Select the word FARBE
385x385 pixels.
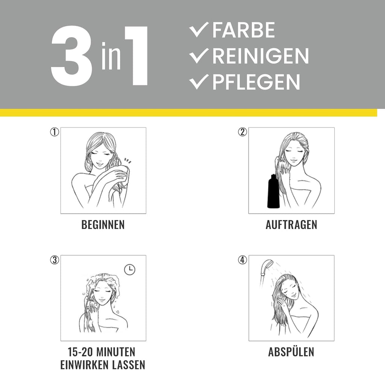coord(243,30)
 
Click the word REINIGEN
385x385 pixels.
coord(260,56)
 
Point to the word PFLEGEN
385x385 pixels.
coord(256,82)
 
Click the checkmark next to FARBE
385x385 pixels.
coord(199,30)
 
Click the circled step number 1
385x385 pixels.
coord(55,132)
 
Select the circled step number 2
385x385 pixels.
coord(243,132)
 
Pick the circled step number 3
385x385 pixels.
coord(55,260)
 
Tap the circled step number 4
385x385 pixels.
coord(243,260)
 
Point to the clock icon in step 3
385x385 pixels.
coord(129,270)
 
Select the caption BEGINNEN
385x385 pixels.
coord(103,225)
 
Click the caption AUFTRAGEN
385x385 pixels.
coord(291,225)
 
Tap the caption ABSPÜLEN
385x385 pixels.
coord(291,352)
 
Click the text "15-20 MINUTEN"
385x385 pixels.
coord(102,352)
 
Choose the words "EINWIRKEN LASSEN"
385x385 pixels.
coord(103,365)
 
